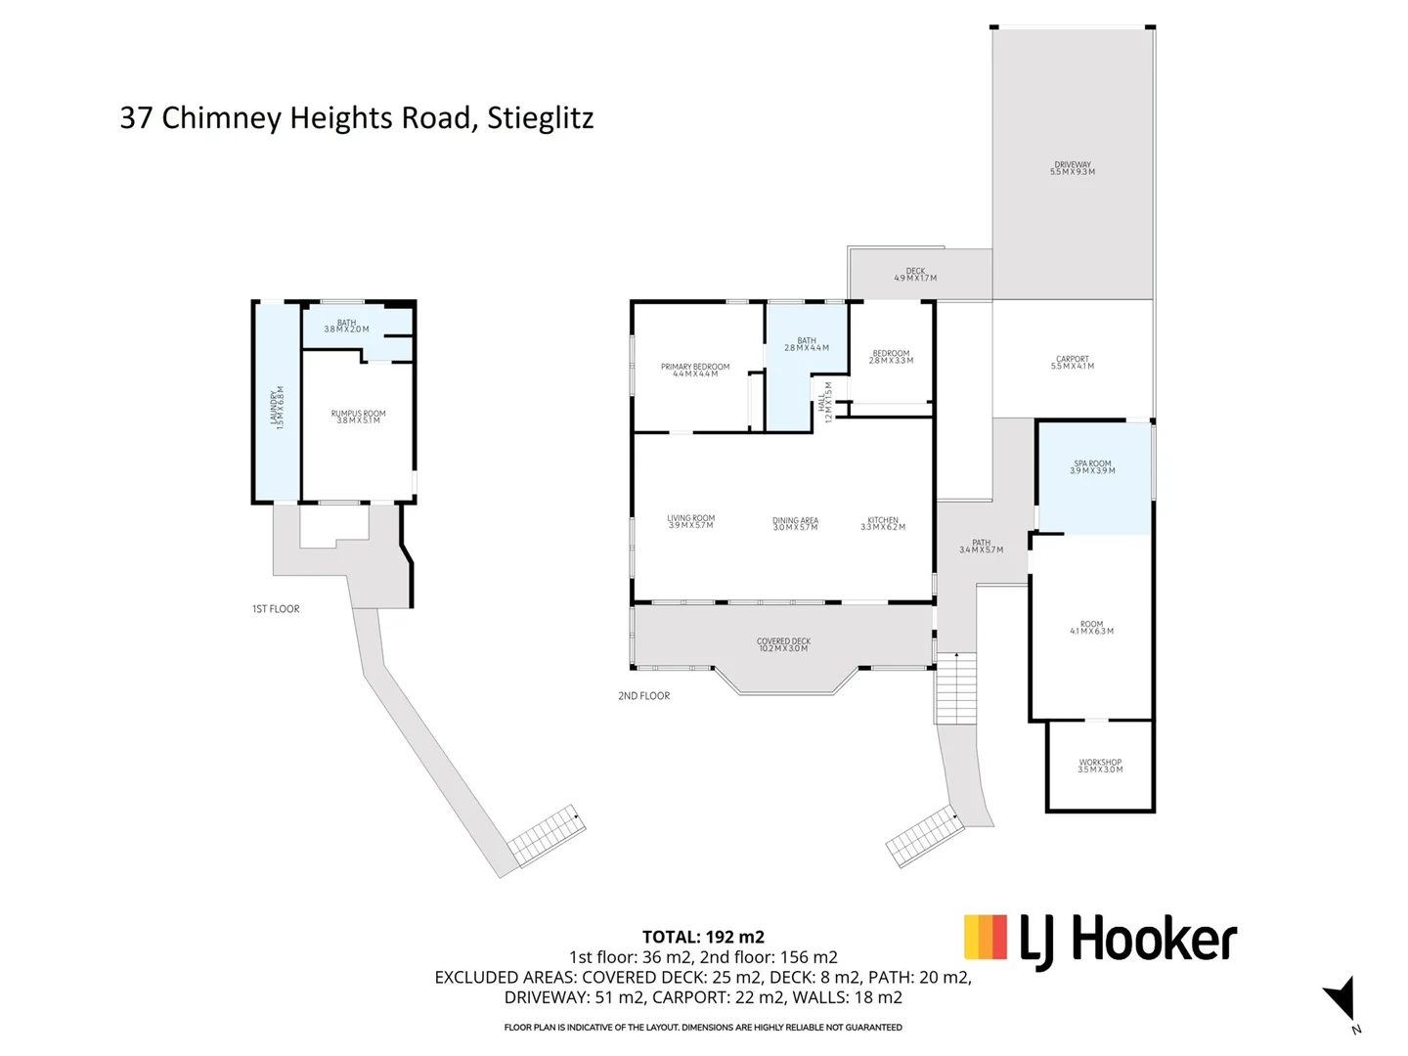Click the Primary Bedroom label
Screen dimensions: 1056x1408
coord(695,371)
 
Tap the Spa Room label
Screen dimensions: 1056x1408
coord(1092,467)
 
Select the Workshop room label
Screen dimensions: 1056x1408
coord(1100,766)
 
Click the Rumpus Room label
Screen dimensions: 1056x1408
coord(358,417)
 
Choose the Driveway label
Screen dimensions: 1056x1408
coord(1073,168)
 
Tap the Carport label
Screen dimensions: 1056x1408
coord(1073,363)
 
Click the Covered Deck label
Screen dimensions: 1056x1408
coord(783,645)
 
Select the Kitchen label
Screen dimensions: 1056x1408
coord(883,524)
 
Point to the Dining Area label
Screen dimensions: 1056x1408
coord(795,524)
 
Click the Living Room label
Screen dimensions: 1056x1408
coord(690,522)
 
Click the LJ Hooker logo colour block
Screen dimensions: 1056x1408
coord(985,937)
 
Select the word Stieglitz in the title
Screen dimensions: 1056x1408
coord(540,118)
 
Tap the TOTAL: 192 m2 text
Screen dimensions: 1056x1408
coord(703,937)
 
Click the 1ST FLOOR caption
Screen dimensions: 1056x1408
coord(276,609)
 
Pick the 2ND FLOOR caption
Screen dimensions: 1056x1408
coord(643,696)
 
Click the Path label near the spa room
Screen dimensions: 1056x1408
coord(981,547)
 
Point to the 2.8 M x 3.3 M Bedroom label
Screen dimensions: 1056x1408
coord(891,357)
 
